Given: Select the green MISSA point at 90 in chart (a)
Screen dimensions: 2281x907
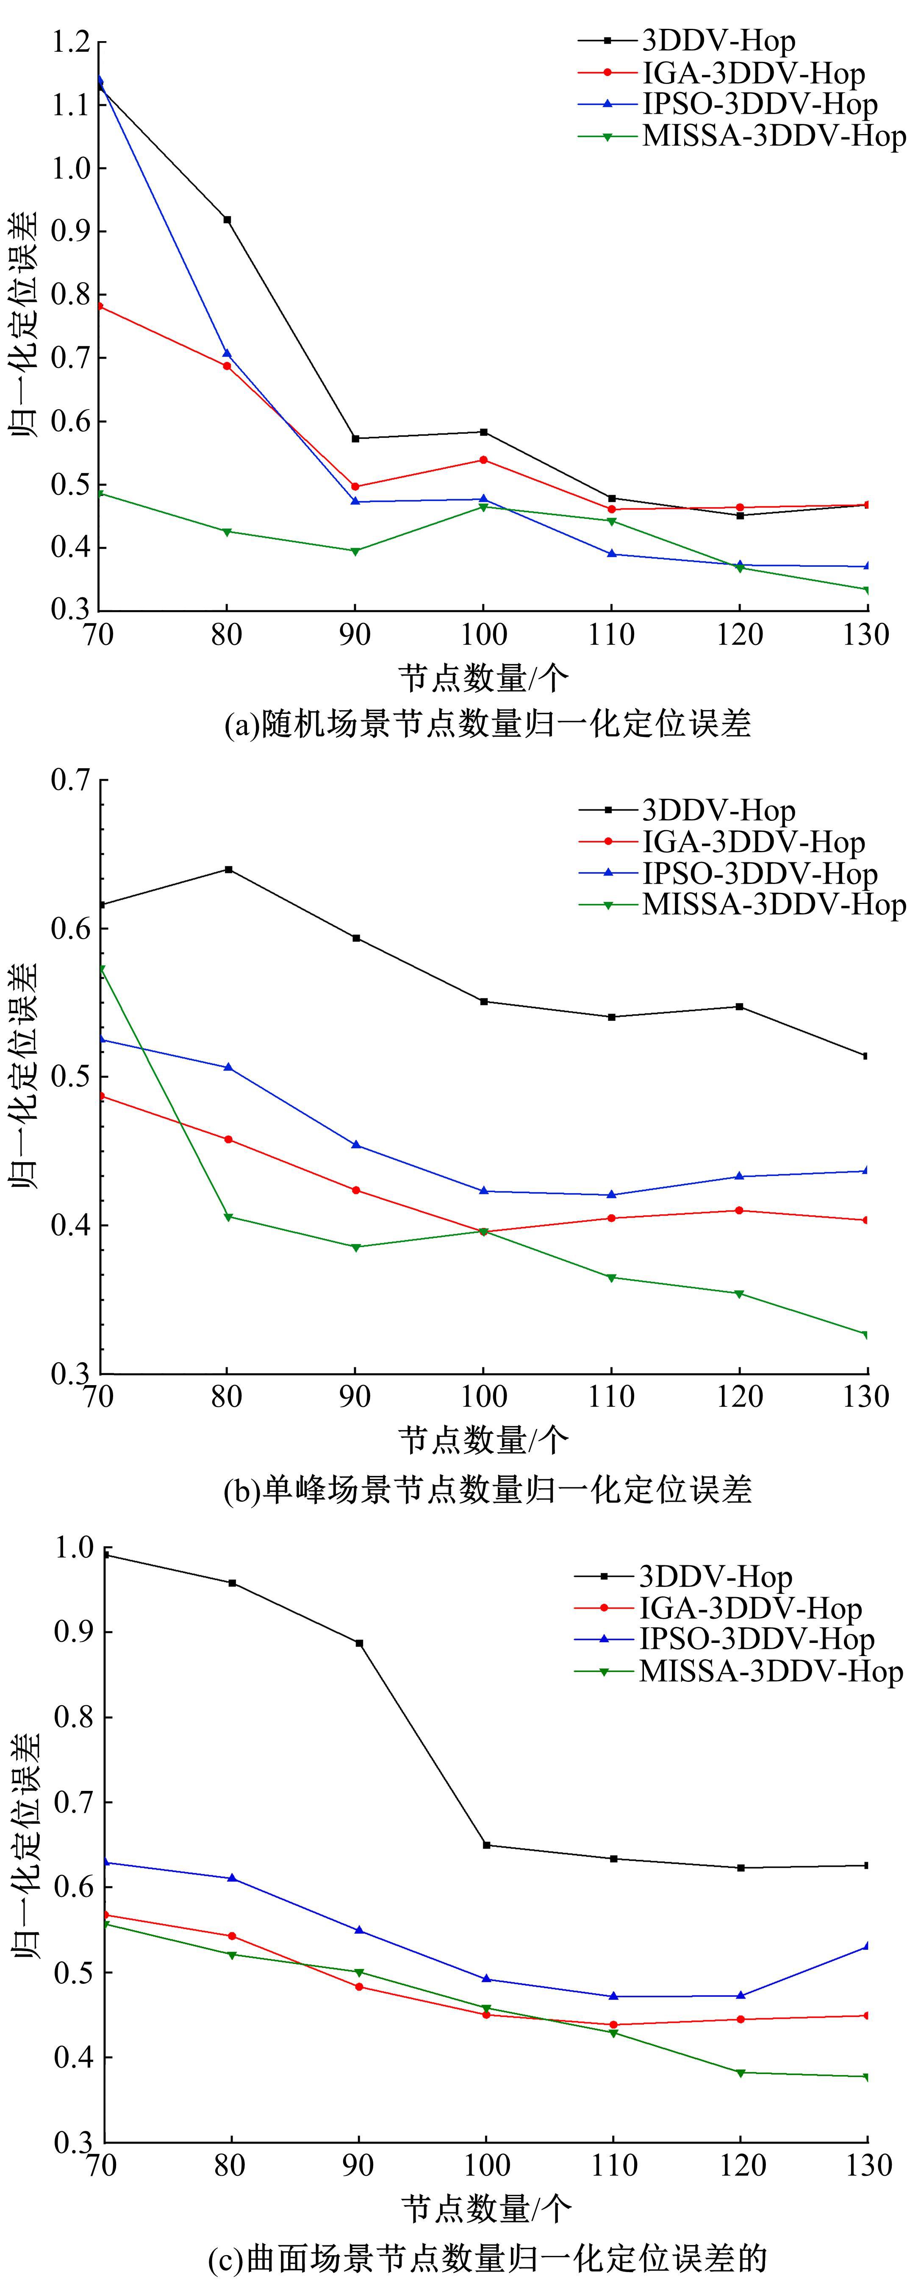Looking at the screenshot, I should point(355,551).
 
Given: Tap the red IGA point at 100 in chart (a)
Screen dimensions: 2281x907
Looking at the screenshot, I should point(483,460).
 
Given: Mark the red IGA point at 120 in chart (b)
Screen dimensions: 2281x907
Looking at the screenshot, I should point(739,1210).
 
